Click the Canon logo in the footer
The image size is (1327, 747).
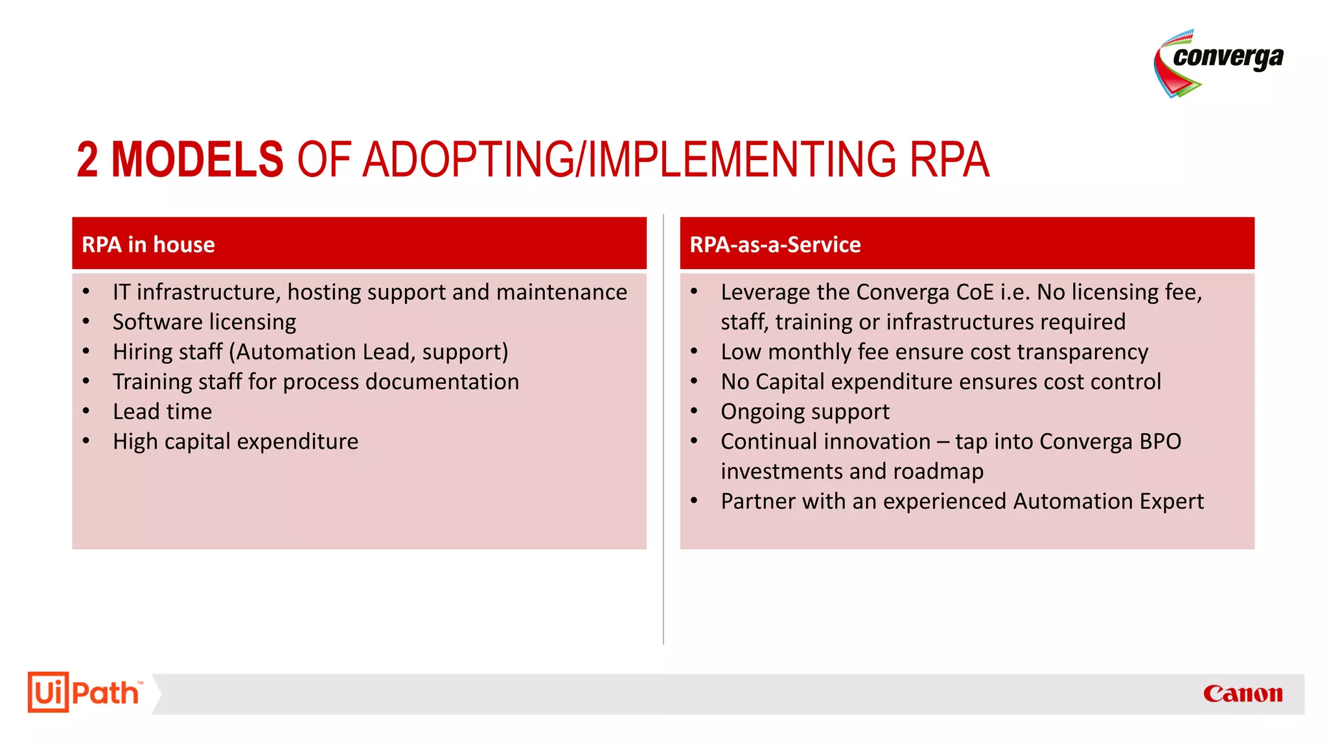pos(1242,693)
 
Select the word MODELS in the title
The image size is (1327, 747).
pos(197,160)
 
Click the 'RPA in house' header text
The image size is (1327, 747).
pos(148,244)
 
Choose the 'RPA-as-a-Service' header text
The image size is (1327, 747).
pos(775,244)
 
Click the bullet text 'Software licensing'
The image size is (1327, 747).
pos(204,322)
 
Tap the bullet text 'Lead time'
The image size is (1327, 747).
pos(162,411)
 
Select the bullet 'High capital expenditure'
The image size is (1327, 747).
pos(235,441)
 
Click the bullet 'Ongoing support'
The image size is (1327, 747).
pos(805,411)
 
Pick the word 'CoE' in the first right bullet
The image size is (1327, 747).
pos(975,292)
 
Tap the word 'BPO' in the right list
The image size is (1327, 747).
pos(1160,441)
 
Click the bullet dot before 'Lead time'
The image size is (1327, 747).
pos(86,411)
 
